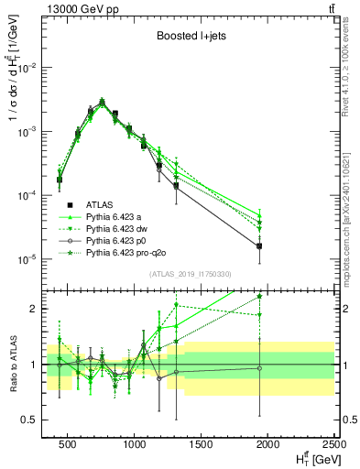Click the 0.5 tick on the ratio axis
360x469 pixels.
tap(35, 420)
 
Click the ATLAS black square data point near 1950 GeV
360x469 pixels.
tap(259, 245)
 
